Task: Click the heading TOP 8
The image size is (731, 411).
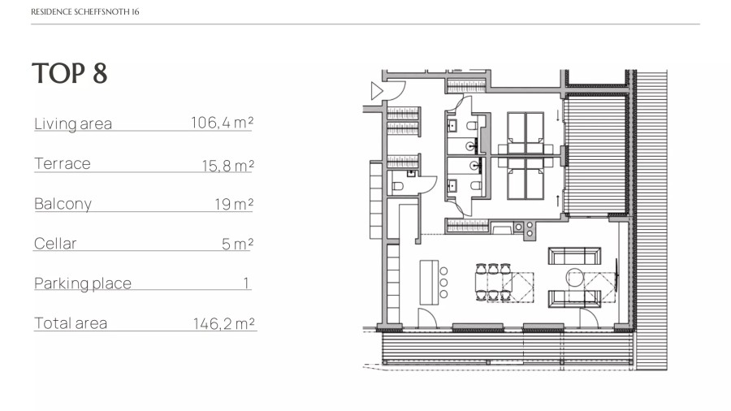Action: [x=70, y=73]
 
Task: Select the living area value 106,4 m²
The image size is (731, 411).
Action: [x=223, y=123]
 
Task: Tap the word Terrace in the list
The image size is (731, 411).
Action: [x=63, y=163]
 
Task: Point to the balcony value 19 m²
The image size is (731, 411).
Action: [x=234, y=204]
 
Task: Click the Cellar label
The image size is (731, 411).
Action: [x=55, y=243]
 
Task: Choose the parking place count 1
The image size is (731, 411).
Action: [x=245, y=283]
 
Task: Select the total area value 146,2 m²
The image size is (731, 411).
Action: [x=224, y=323]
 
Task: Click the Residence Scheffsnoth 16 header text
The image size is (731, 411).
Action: [x=84, y=11]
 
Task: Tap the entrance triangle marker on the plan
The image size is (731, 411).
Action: [x=377, y=91]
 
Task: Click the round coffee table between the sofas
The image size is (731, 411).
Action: [x=575, y=277]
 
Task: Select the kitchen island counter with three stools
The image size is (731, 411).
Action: [x=429, y=283]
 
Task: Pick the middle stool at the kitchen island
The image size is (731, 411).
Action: [x=443, y=283]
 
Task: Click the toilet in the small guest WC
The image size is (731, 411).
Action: [x=398, y=186]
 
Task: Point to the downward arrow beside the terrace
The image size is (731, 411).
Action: [x=557, y=115]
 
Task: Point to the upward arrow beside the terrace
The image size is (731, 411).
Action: [x=557, y=201]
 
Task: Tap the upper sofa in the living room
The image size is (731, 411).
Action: [x=574, y=257]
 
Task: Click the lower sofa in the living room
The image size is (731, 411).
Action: [x=574, y=299]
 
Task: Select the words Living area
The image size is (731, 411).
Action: [x=73, y=123]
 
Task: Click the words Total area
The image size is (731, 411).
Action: [x=71, y=323]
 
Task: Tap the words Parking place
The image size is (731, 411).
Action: [x=83, y=283]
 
